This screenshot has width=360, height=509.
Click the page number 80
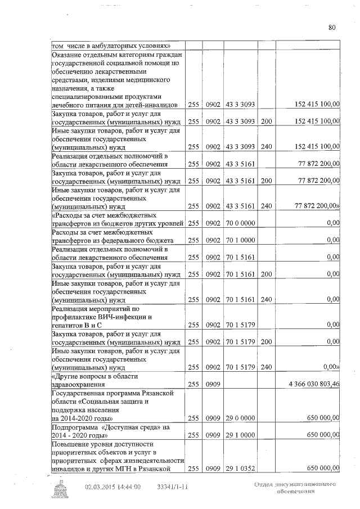point(332,27)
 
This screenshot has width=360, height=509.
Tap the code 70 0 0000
point(241,224)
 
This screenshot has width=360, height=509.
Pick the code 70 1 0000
point(241,241)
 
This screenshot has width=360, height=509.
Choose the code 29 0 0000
point(241,418)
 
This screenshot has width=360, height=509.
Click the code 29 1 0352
point(241,469)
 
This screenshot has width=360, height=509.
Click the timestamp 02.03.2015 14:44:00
point(113,488)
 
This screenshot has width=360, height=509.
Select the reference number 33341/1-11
point(173,488)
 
